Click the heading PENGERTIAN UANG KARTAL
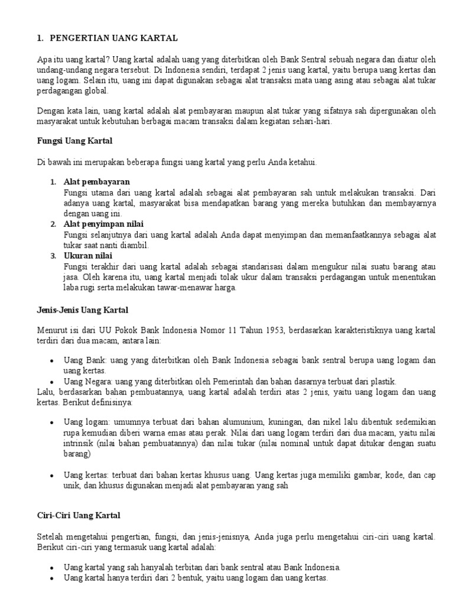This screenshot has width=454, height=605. [112, 38]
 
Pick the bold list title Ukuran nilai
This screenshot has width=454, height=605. [88, 256]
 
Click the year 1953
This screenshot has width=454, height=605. [271, 331]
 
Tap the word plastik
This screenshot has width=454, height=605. [382, 381]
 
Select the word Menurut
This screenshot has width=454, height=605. [51, 331]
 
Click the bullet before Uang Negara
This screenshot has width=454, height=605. [53, 382]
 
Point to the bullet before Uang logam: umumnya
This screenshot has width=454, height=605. [53, 422]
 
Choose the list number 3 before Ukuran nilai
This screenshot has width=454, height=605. [53, 256]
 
